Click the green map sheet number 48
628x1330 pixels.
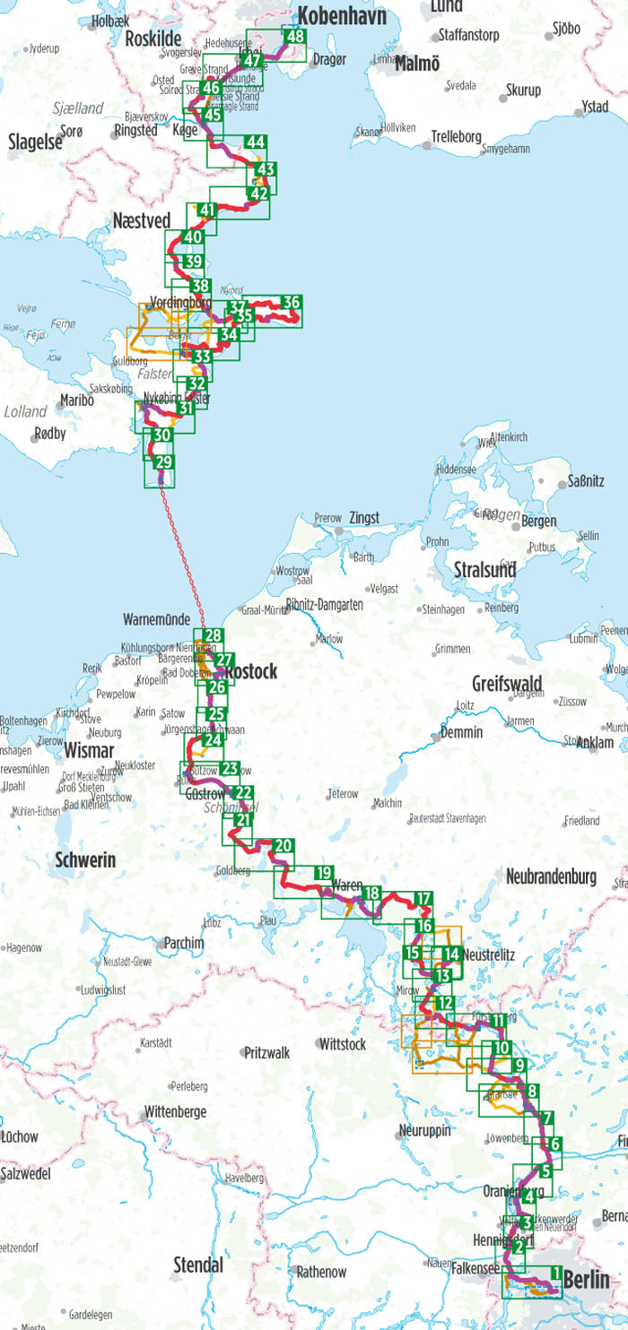pyautogui.click(x=293, y=37)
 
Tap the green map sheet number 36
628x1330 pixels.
pyautogui.click(x=291, y=302)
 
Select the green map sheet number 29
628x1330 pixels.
pyautogui.click(x=163, y=462)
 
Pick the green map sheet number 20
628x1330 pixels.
pyautogui.click(x=283, y=845)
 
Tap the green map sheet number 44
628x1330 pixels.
pyautogui.click(x=256, y=142)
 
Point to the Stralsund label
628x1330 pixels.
pyautogui.click(x=484, y=569)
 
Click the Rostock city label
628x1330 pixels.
pyautogui.click(x=251, y=671)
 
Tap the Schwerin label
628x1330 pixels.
pyautogui.click(x=85, y=860)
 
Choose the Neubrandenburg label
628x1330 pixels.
pyautogui.click(x=551, y=877)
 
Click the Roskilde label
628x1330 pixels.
pyautogui.click(x=153, y=39)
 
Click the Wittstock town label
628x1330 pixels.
pyautogui.click(x=342, y=1044)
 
